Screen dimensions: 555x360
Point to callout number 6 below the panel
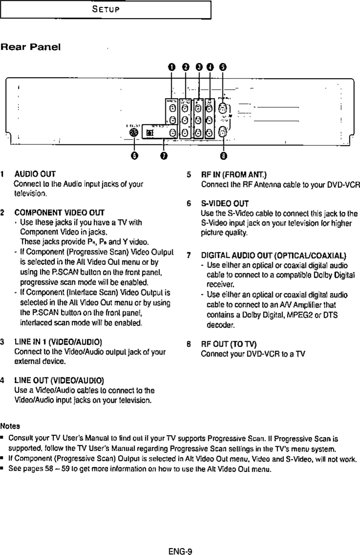135,156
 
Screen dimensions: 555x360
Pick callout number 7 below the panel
164,156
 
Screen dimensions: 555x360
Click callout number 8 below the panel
223,156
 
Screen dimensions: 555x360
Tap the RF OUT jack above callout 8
223,131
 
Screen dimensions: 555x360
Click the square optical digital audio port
150,133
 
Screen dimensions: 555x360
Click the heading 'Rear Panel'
30,47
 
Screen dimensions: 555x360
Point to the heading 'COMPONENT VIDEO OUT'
60,213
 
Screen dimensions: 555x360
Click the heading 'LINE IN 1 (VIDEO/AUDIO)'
58,341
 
